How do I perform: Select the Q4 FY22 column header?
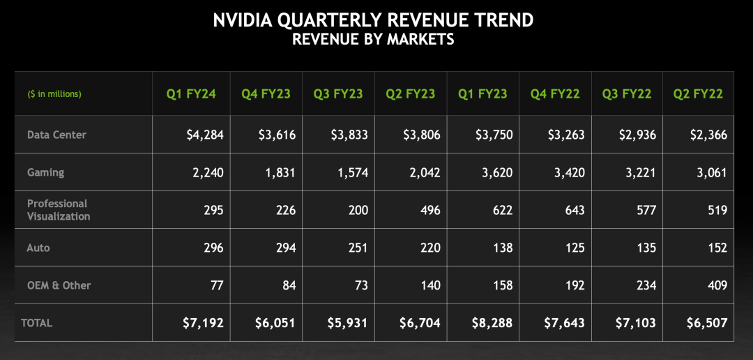(x=555, y=93)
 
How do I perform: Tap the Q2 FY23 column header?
(x=411, y=93)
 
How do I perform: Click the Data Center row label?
(x=57, y=134)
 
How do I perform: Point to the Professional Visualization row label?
(x=59, y=210)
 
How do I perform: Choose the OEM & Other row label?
(x=59, y=285)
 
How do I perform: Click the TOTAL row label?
(x=37, y=323)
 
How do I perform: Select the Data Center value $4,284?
(x=205, y=135)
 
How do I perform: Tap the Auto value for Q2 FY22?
(x=715, y=248)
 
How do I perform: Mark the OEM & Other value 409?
(x=715, y=285)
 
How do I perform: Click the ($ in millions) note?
(x=54, y=93)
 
